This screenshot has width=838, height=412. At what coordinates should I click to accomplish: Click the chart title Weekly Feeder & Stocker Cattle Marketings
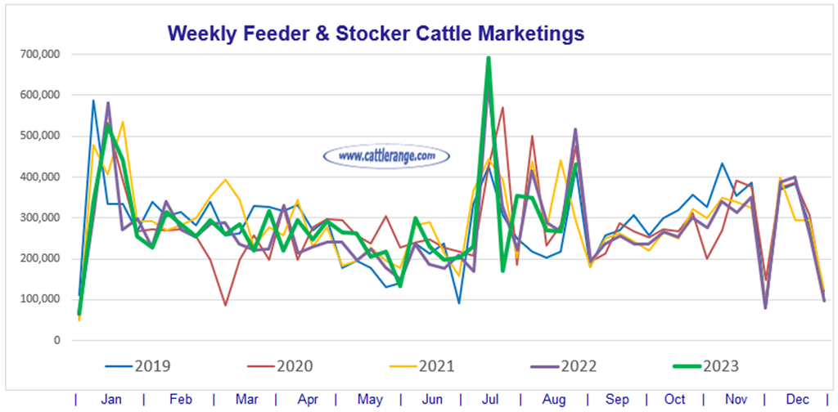(376, 34)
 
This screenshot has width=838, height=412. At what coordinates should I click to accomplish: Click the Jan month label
(112, 400)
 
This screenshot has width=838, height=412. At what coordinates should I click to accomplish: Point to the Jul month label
(492, 400)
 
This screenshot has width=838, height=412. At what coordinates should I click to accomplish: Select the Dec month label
(797, 400)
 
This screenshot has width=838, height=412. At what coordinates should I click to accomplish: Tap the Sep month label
(618, 400)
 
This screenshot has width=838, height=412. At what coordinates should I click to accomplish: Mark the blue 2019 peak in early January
(93, 101)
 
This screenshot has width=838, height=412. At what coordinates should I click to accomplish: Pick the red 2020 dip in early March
(225, 306)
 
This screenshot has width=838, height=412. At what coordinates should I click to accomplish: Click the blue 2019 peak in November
(722, 163)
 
